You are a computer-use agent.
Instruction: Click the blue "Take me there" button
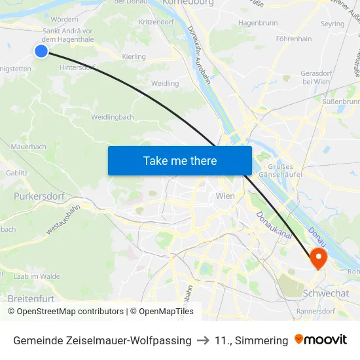point(180,160)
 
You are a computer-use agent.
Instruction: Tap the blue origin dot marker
point(41,50)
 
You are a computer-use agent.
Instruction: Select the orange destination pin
point(318,257)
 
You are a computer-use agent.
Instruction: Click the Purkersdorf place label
point(37,195)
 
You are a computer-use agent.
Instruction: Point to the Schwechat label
point(325,293)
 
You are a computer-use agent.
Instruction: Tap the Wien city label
point(225,196)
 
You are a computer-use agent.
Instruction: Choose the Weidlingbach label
point(113,117)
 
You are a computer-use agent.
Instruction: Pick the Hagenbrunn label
point(258,22)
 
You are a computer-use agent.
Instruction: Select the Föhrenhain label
point(293,39)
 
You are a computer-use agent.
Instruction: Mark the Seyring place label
point(333,24)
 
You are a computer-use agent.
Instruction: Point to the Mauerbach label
point(29,147)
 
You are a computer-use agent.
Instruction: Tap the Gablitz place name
point(17,173)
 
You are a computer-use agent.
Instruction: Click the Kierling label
point(134,57)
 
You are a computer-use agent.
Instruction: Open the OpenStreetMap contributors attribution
point(70,312)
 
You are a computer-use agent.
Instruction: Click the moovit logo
point(321,340)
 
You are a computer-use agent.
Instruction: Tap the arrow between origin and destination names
point(203,340)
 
